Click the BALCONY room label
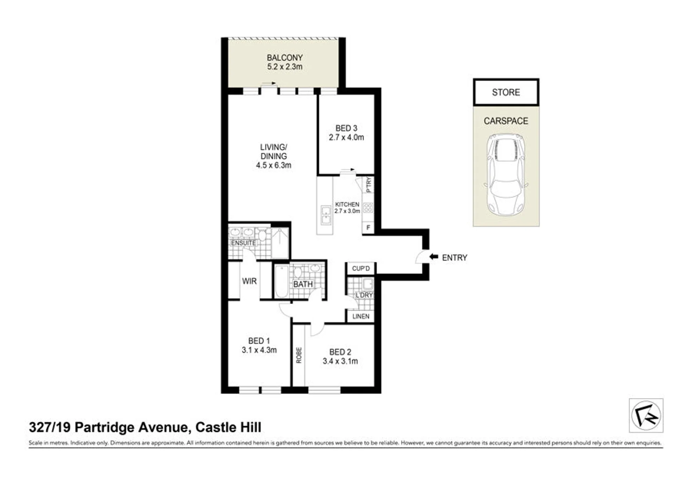click(285, 58)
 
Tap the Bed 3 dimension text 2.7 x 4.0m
click(346, 137)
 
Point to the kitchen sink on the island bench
click(326, 215)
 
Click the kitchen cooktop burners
click(368, 207)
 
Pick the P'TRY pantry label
click(369, 184)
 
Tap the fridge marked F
click(368, 228)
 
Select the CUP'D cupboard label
click(361, 268)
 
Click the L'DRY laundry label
click(364, 295)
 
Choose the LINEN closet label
click(361, 316)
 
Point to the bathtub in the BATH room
click(282, 281)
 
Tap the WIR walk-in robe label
click(249, 281)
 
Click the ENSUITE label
click(243, 243)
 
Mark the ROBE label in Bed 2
click(299, 355)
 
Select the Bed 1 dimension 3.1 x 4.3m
click(259, 350)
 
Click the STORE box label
click(506, 92)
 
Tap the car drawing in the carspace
click(506, 175)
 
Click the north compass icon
click(646, 415)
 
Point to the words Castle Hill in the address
click(228, 427)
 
